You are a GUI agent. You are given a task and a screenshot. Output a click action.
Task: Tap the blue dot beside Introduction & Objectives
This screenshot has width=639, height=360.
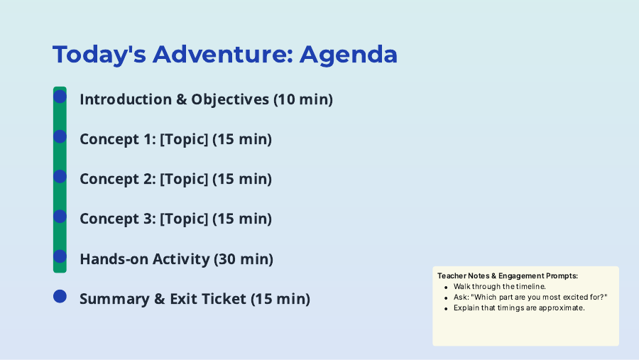(x=60, y=97)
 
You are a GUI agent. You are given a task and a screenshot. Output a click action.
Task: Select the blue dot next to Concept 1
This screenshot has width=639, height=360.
(x=60, y=136)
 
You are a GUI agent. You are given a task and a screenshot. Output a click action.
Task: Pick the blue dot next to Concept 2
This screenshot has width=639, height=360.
(x=60, y=177)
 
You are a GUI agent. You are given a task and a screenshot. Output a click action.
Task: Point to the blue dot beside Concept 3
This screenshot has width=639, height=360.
(x=60, y=217)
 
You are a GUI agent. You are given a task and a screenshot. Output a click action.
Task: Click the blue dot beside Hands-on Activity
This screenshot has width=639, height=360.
(x=60, y=256)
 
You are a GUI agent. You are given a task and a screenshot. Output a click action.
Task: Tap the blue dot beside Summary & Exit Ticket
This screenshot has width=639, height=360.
(x=60, y=296)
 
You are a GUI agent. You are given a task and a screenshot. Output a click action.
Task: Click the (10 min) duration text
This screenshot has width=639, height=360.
(x=303, y=99)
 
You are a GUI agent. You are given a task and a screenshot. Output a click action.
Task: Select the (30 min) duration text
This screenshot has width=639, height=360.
(x=244, y=259)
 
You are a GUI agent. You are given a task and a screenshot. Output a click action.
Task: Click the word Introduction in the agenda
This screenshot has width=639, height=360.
(x=126, y=99)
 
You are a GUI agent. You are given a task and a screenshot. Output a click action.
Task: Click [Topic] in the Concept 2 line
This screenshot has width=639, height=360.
(x=184, y=179)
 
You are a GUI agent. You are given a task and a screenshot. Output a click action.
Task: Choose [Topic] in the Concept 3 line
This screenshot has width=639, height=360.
(x=184, y=219)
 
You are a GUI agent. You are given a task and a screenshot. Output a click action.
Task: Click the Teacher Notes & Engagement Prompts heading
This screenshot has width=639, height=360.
(x=508, y=276)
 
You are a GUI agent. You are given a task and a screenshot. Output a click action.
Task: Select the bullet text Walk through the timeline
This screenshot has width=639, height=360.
(x=500, y=287)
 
